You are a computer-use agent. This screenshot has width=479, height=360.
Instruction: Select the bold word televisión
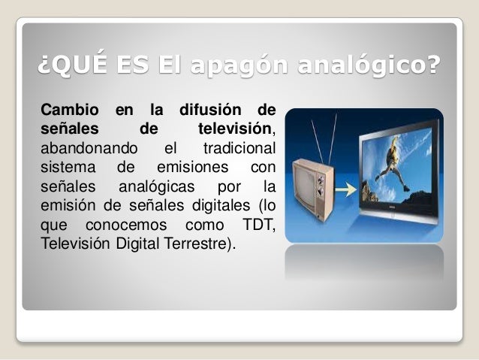(x=234, y=129)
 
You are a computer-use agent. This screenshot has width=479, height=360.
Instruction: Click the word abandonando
(x=83, y=145)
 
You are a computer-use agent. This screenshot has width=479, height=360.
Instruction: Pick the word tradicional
(x=239, y=145)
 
